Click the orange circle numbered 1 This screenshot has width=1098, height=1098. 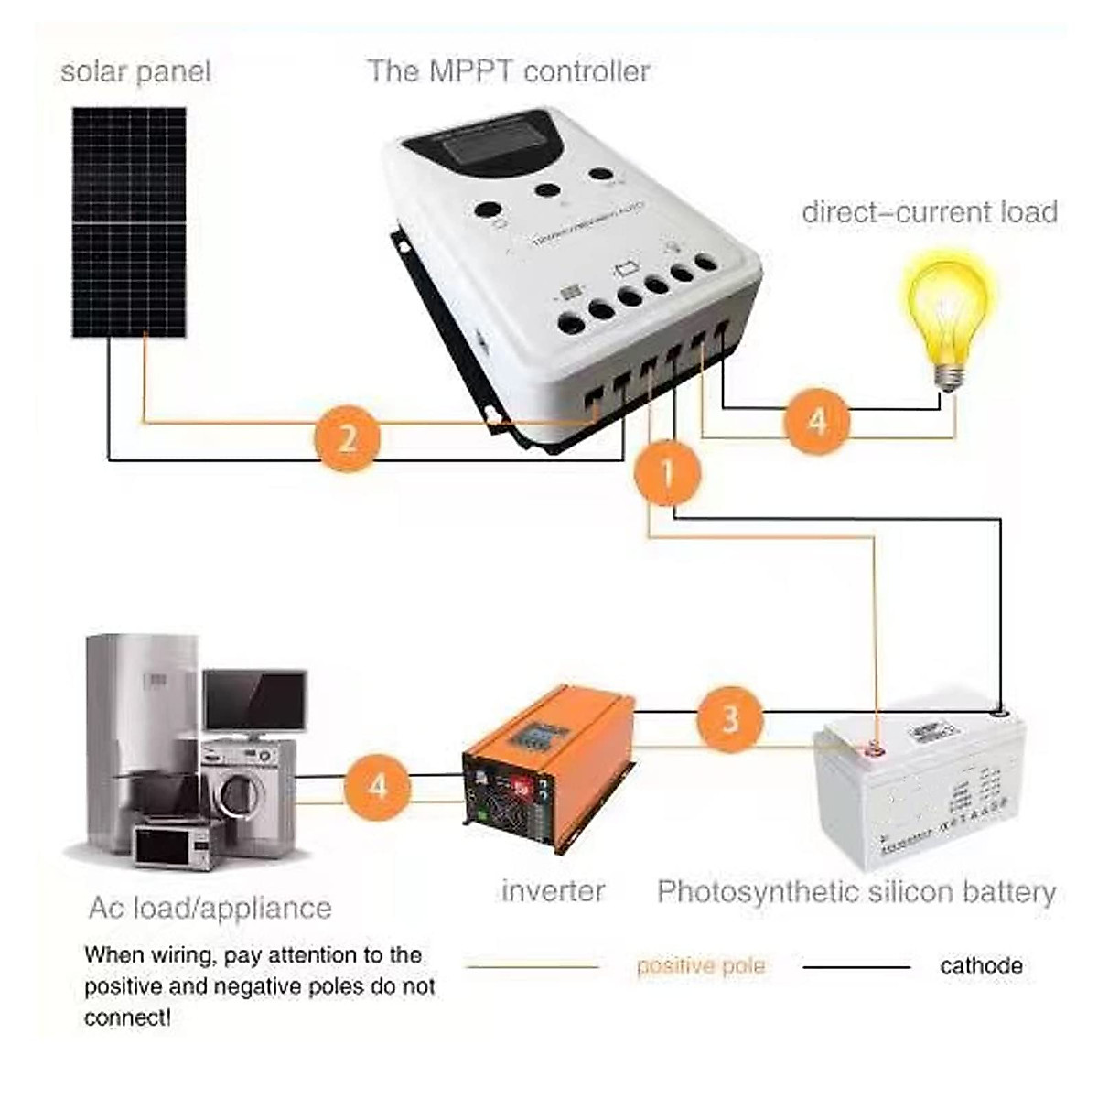pos(668,472)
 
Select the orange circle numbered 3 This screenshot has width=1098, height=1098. pos(729,719)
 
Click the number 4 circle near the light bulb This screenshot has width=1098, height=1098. pos(817,421)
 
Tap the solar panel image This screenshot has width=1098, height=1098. pos(130,222)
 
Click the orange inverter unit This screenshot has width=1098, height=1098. pos(547,769)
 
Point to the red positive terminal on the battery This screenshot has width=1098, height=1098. pos(875,752)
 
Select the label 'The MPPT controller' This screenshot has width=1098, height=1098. pos(509,71)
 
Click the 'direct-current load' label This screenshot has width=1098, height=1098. pos(930,212)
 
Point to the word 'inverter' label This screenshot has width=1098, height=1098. pos(553,890)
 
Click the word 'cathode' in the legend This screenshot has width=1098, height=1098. pos(981,965)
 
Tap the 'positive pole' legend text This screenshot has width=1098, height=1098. pos(700,966)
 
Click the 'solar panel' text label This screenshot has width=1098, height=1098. pos(135,71)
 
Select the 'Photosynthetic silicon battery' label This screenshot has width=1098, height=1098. pos(856,891)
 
